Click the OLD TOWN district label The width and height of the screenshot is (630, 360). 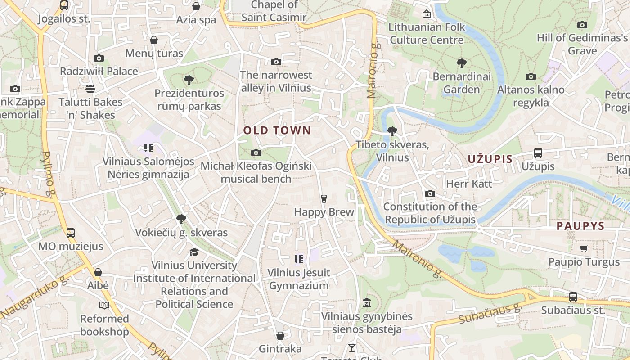(x=277, y=130)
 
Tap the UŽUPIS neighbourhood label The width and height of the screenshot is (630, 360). (x=490, y=158)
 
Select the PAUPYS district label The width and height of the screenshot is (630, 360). (x=580, y=226)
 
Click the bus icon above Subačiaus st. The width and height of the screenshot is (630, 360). (x=573, y=297)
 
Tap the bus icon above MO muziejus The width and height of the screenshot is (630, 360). (x=70, y=233)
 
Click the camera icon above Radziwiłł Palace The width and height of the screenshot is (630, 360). (x=99, y=58)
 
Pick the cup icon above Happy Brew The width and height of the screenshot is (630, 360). (x=324, y=198)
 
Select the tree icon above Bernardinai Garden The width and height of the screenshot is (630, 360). (x=461, y=63)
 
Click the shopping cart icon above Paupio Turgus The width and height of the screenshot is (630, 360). (x=584, y=248)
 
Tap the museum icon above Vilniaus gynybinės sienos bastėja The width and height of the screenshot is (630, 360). (x=366, y=302)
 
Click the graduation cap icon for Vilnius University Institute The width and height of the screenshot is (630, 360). (x=194, y=252)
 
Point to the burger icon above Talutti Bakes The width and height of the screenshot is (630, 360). (x=90, y=88)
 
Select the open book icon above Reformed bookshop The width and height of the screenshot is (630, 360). (x=104, y=306)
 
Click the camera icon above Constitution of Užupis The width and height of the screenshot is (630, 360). (x=430, y=193)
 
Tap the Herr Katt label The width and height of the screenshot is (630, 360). (x=469, y=184)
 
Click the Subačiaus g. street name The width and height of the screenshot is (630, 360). (x=489, y=313)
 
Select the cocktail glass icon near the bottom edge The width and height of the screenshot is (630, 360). (x=351, y=347)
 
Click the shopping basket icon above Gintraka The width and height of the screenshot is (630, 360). (x=280, y=336)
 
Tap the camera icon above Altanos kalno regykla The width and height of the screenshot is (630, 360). (x=531, y=76)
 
